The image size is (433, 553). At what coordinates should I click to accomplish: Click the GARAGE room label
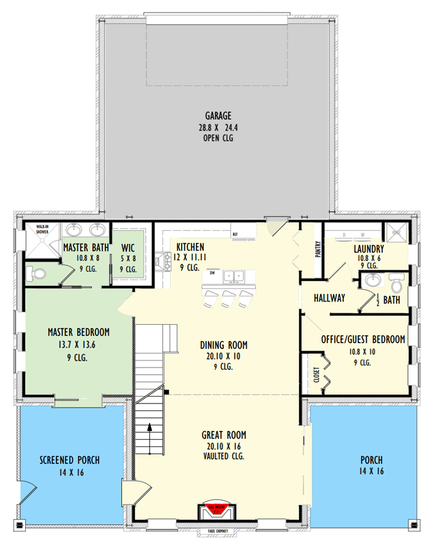(x=218, y=116)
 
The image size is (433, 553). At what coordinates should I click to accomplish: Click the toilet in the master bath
(x=36, y=273)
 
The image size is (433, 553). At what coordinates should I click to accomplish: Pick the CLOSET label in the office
(x=317, y=375)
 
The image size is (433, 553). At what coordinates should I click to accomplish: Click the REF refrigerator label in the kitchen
(x=235, y=234)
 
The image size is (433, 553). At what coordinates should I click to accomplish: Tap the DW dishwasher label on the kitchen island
(x=212, y=273)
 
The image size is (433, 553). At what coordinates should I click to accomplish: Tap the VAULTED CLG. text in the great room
(x=223, y=456)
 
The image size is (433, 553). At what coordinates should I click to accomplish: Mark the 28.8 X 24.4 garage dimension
(x=218, y=127)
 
